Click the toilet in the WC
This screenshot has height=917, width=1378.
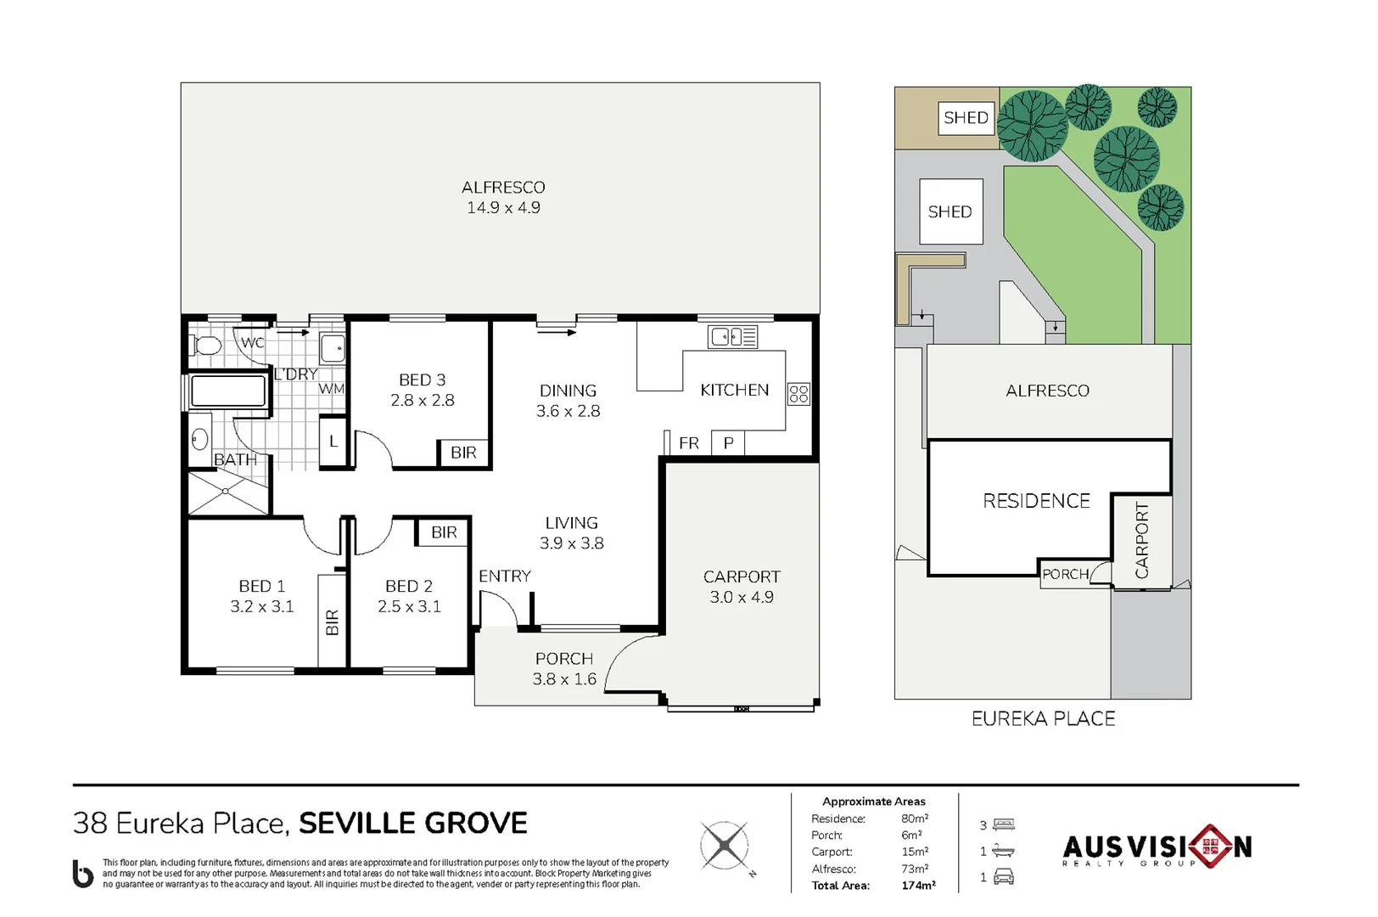click(204, 346)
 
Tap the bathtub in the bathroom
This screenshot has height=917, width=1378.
click(227, 391)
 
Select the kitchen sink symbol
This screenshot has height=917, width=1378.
click(732, 337)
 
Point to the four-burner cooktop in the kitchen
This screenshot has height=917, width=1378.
click(799, 394)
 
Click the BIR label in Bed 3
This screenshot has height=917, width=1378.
click(463, 453)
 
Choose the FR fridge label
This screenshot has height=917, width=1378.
click(689, 443)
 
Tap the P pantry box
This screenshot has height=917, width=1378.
click(728, 442)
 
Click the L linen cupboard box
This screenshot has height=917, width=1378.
click(333, 442)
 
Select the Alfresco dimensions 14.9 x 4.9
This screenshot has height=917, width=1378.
click(503, 207)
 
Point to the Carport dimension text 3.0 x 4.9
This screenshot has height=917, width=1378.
click(742, 597)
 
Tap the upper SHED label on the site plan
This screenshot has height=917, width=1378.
click(966, 117)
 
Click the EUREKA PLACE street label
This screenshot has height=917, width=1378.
click(1043, 719)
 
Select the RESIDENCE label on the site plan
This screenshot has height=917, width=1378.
click(1037, 501)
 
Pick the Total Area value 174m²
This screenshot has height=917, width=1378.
click(918, 886)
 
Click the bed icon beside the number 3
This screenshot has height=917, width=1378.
click(1004, 824)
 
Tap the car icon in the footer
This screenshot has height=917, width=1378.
click(1004, 876)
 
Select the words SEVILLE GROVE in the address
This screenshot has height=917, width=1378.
click(412, 824)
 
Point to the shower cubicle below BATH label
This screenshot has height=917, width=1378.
click(227, 492)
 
